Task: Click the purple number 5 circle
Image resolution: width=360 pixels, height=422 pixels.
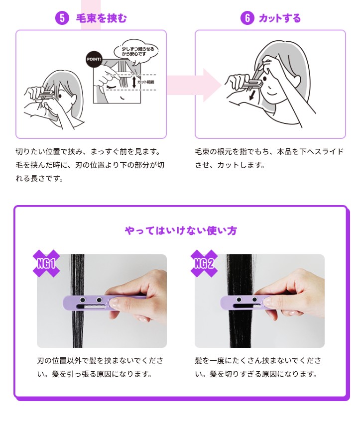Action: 62,18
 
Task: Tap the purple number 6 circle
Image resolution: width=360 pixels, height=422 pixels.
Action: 247,18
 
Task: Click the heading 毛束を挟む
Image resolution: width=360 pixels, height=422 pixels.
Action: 101,18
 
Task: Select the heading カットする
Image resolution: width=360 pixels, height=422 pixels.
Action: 279,18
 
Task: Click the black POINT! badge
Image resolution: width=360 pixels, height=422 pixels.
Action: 94,59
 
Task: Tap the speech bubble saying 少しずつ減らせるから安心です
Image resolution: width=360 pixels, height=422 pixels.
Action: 136,52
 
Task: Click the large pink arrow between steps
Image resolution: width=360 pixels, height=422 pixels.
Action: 194,85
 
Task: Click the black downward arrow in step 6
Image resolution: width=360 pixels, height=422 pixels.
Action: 252,95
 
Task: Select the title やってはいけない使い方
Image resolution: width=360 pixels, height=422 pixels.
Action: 181,230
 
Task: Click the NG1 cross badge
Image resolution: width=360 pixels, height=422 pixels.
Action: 46,263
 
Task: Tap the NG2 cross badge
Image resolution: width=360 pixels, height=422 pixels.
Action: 204,263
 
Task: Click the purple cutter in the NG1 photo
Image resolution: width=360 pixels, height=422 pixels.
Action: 89,304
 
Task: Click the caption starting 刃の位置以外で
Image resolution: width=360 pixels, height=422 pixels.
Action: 100,367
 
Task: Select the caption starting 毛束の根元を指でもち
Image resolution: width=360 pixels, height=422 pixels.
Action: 269,158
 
